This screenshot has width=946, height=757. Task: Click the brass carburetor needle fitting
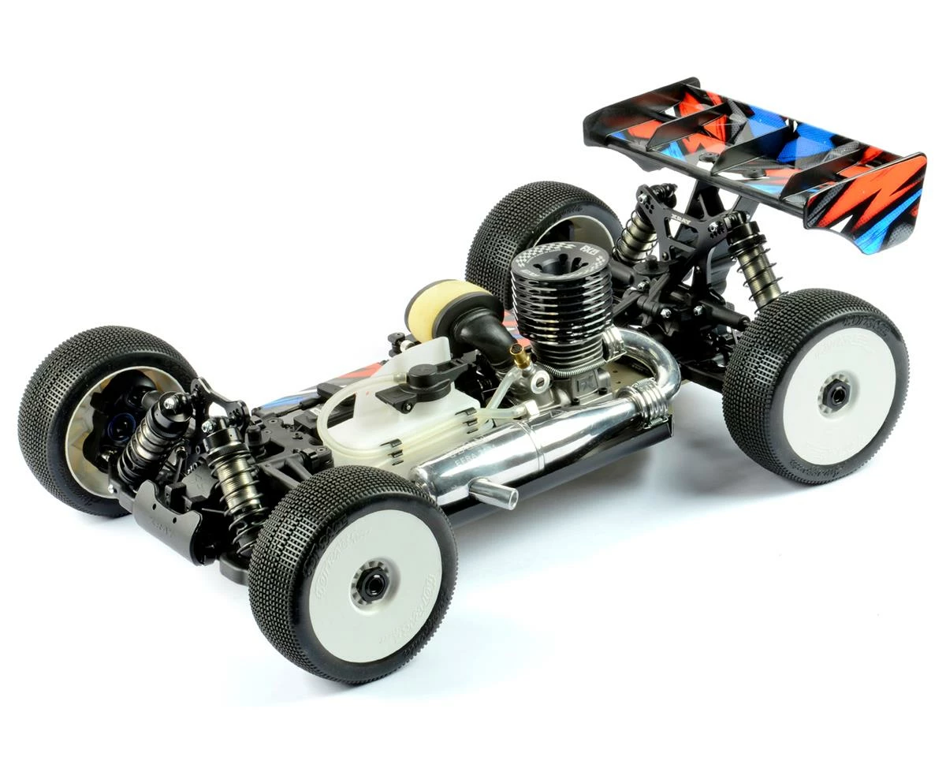(x=521, y=359)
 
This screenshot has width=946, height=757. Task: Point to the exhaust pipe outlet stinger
(x=493, y=494)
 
